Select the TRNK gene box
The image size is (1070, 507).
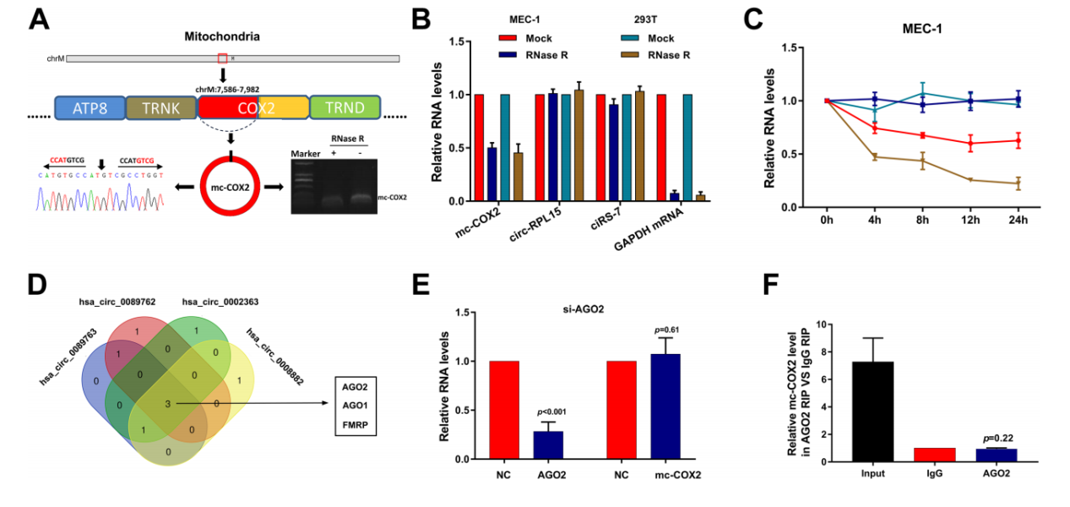click(161, 107)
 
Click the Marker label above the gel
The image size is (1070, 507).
click(301, 153)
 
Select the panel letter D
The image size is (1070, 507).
click(39, 283)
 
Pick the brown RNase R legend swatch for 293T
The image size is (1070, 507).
click(628, 55)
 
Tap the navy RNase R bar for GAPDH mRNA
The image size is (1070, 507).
click(674, 197)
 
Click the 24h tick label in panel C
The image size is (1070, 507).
click(1018, 221)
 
